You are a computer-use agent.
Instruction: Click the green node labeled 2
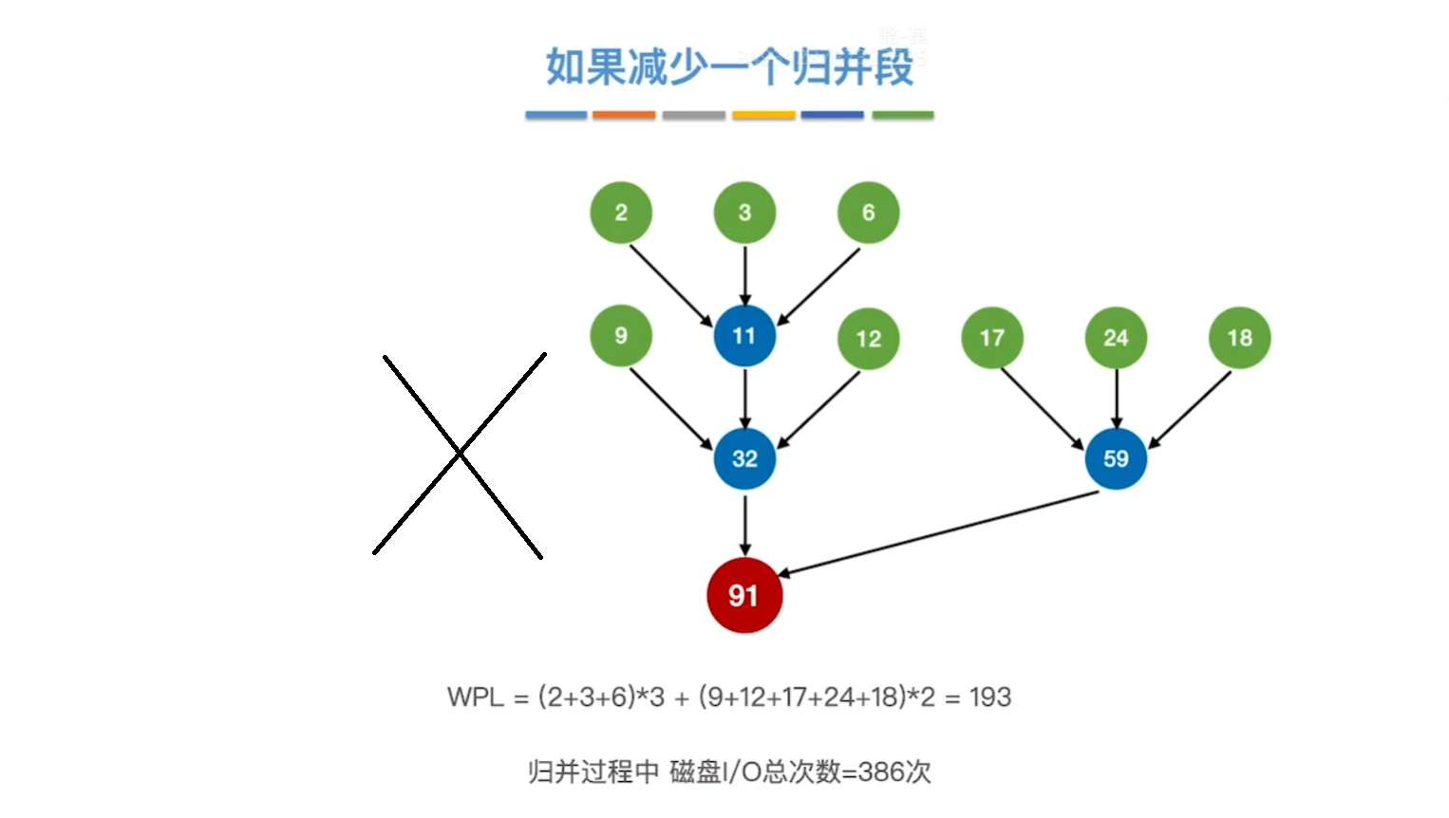pos(621,213)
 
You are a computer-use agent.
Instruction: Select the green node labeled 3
pos(744,213)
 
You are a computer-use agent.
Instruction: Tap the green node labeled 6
pos(868,213)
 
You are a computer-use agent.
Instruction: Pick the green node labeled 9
pos(621,336)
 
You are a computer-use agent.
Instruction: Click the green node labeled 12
pos(868,339)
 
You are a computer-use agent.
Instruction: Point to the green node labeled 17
pos(992,338)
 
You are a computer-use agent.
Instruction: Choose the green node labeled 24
pos(1116,338)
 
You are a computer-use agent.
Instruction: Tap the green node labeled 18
pos(1239,338)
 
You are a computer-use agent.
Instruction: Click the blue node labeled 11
pos(744,336)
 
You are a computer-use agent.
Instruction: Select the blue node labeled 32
pos(744,459)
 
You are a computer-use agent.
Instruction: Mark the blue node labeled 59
pos(1116,459)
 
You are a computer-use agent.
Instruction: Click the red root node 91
pos(744,596)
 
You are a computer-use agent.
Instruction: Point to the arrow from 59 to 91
pos(938,533)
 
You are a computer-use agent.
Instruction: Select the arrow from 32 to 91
pos(744,524)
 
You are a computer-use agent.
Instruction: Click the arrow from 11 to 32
pos(744,399)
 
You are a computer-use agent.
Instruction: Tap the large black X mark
pos(460,455)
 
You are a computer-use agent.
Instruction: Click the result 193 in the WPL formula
pos(990,697)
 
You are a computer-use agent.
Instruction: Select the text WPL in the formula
pos(476,697)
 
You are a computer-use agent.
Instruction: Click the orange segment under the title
pos(624,116)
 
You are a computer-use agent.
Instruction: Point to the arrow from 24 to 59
pos(1116,399)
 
